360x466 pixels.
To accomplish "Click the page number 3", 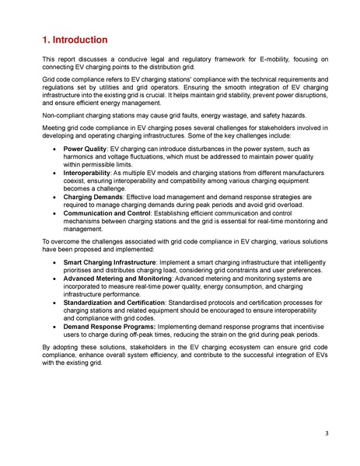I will coord(324,433).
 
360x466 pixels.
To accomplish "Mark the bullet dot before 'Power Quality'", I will coord(52,148).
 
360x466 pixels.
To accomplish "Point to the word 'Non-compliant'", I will coord(64,116).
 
